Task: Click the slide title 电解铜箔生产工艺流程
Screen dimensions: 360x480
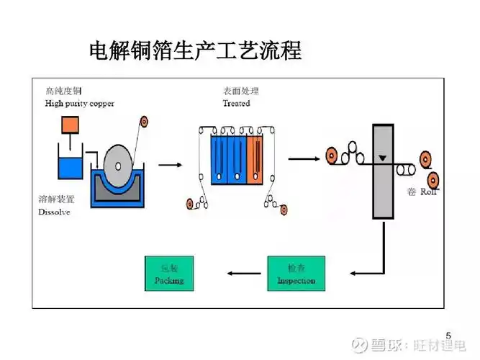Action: (x=194, y=50)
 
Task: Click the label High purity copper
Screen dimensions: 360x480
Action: (x=79, y=104)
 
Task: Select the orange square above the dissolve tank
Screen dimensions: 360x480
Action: (x=70, y=125)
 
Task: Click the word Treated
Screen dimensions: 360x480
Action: (x=237, y=104)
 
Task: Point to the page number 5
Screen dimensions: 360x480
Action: (x=449, y=336)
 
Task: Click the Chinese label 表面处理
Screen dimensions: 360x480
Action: (x=241, y=91)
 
